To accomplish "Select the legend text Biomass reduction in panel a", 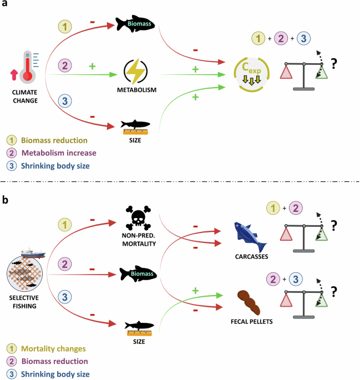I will (53, 140).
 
